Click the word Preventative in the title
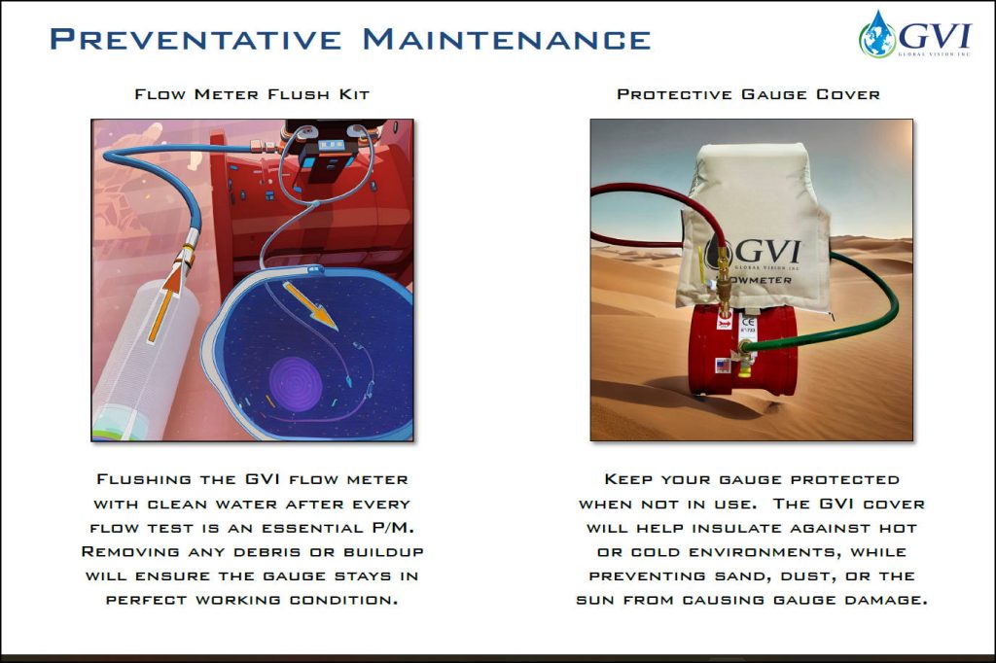point(196,39)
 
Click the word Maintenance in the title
point(506,39)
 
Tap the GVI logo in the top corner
point(915,38)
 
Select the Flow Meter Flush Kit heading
point(252,95)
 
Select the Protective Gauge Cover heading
point(748,95)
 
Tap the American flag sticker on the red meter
point(722,365)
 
